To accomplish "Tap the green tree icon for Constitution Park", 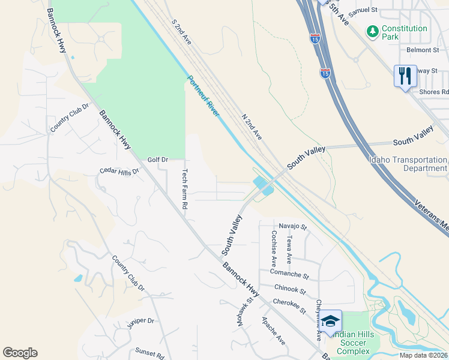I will point(373,29).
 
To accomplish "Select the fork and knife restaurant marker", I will point(405,76).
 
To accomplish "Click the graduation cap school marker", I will point(330,322).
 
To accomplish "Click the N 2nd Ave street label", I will point(252,127).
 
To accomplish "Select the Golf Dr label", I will point(158,160).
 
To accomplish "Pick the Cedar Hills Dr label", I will point(119,172).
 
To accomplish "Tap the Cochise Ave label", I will point(274,248).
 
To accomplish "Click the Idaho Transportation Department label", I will point(408,164).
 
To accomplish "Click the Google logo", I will point(20,353).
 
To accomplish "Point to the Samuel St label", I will point(362,10).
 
